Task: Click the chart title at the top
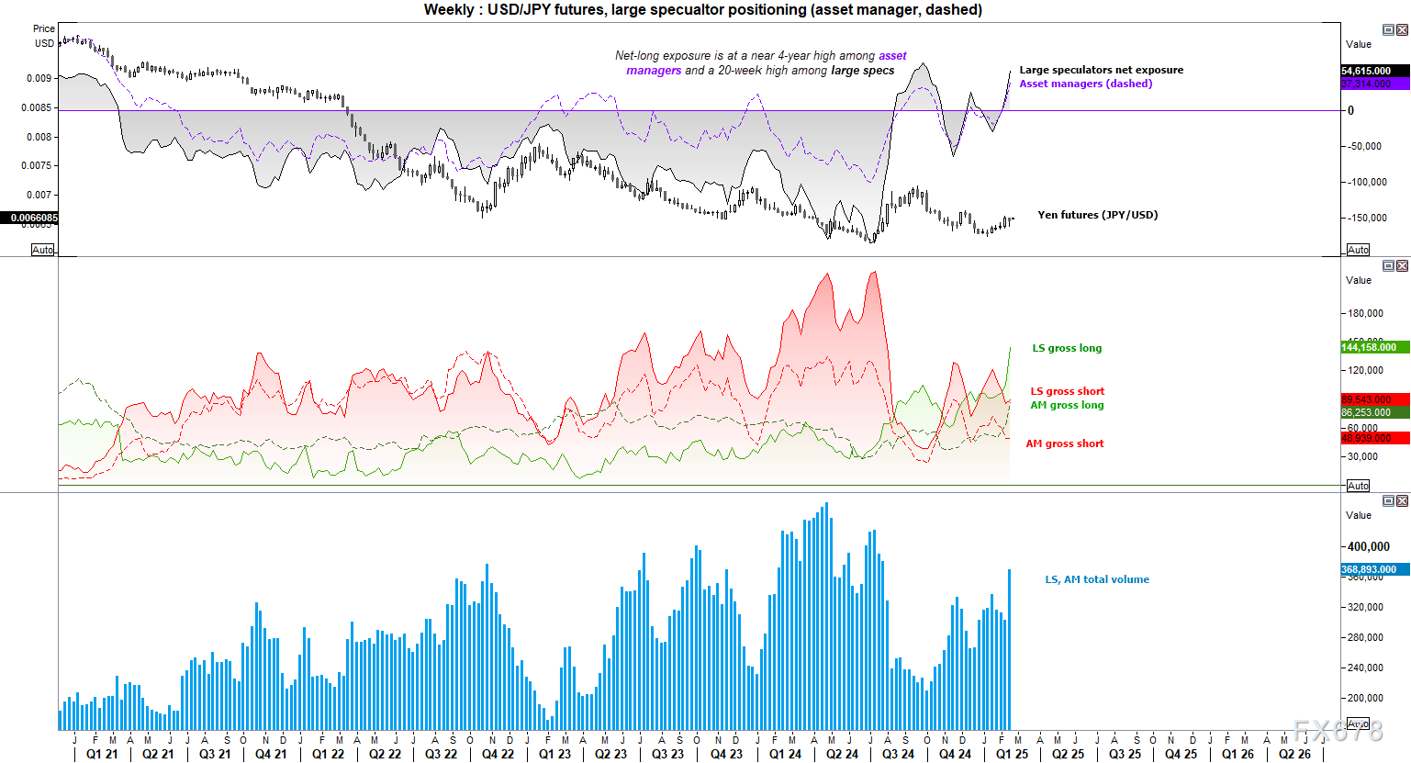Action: point(702,10)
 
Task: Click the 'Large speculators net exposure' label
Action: point(1101,70)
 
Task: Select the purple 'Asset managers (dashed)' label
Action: point(1085,84)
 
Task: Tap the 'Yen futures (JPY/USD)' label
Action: point(1097,215)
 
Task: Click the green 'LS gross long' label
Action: point(1067,348)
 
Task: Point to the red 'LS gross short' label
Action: point(1067,391)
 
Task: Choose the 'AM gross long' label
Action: point(1067,405)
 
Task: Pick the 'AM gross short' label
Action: point(1065,443)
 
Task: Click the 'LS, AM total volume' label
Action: point(1097,579)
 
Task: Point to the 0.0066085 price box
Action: point(34,218)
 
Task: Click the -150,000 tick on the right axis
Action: point(1367,218)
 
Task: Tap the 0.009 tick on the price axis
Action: point(39,78)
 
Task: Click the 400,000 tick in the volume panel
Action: point(1368,546)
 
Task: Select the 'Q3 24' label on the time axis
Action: point(898,754)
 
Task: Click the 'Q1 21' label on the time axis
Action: point(102,754)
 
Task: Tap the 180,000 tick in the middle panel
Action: point(1365,313)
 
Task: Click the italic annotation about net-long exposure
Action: point(760,62)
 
